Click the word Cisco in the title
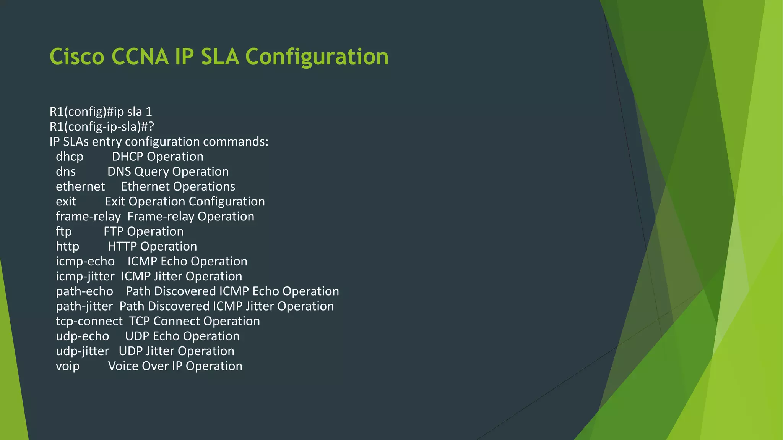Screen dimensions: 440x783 (77, 57)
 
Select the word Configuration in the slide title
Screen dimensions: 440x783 (317, 57)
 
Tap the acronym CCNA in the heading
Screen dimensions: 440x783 (140, 57)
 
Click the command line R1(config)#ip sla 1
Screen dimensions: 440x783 (101, 112)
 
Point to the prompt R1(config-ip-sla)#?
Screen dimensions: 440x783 (102, 126)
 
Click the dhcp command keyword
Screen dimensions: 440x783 (70, 157)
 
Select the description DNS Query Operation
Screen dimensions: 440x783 (168, 171)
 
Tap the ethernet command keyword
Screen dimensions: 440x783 (80, 186)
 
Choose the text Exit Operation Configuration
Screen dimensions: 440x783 (185, 201)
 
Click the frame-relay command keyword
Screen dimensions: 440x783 (88, 216)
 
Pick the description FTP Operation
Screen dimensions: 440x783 (143, 231)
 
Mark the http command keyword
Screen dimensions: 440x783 (68, 246)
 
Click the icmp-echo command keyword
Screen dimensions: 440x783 (85, 261)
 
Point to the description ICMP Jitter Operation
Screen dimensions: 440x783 (182, 276)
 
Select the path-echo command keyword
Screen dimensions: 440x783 (84, 291)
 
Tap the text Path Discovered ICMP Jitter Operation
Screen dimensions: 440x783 (226, 306)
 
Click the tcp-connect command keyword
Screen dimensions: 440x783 (89, 321)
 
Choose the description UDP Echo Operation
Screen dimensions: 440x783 (182, 336)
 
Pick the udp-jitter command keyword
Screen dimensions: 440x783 (82, 351)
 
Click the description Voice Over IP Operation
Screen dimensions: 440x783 (175, 366)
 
